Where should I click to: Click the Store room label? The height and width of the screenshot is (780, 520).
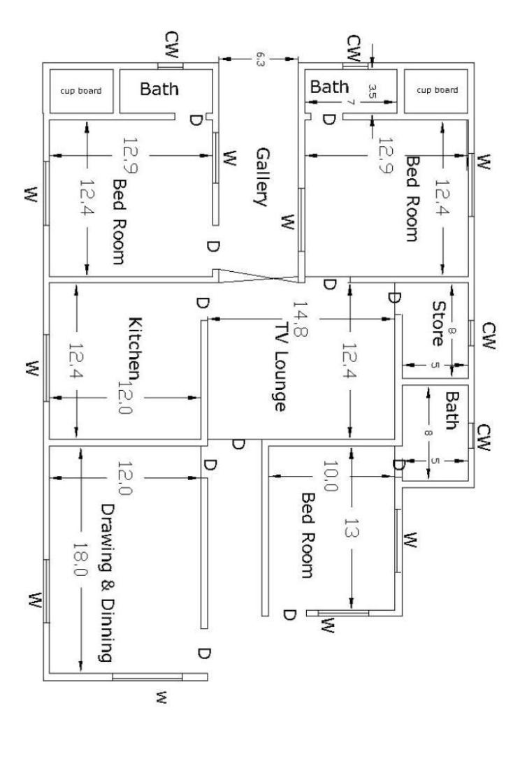click(439, 324)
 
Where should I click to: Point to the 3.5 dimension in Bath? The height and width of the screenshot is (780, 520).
click(372, 91)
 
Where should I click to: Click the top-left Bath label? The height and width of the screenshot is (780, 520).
click(159, 89)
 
